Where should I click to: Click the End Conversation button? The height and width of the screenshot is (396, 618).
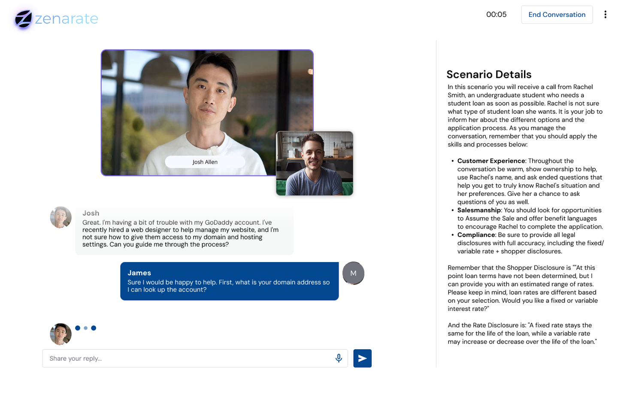(x=557, y=15)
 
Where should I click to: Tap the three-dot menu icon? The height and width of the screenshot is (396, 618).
(x=605, y=15)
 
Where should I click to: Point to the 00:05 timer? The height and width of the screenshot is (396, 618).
(x=496, y=15)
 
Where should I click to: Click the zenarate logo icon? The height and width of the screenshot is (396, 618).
(x=23, y=19)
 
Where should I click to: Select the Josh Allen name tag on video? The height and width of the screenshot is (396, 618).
(x=205, y=162)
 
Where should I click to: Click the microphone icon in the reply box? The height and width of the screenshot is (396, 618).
(x=339, y=358)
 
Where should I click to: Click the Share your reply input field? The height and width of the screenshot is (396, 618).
(x=189, y=358)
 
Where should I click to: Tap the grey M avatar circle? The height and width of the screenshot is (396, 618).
(x=353, y=273)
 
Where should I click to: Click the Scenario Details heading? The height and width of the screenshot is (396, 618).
(x=489, y=74)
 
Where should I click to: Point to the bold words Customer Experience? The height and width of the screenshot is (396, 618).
(x=491, y=161)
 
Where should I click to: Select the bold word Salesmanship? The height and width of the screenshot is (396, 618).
(x=479, y=210)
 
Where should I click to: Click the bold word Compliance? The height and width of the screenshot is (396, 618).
(x=476, y=235)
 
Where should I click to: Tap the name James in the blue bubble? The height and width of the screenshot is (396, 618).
(x=139, y=273)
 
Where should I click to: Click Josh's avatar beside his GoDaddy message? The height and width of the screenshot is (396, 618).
(x=61, y=217)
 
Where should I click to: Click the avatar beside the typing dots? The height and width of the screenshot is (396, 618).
(x=61, y=334)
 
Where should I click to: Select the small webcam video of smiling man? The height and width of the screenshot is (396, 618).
(x=315, y=164)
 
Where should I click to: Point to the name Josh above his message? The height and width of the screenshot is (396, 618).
(x=91, y=213)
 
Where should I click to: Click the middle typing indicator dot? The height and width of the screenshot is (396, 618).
(x=86, y=328)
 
